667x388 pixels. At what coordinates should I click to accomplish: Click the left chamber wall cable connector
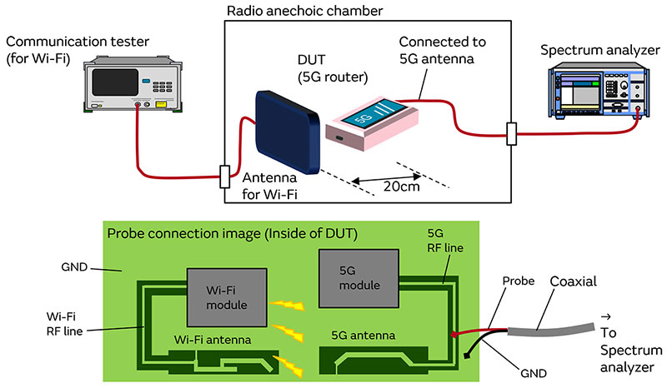pyautogui.click(x=223, y=177)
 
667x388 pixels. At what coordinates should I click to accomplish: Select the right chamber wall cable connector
pyautogui.click(x=510, y=133)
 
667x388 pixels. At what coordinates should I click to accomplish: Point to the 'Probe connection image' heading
pyautogui.click(x=234, y=231)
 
